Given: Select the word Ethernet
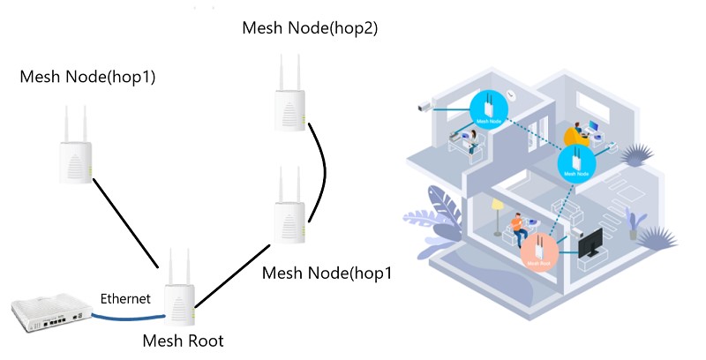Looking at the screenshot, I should tap(125, 298).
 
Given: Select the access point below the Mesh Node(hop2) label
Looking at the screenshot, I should tap(289, 101).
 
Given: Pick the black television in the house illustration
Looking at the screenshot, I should tap(590, 244).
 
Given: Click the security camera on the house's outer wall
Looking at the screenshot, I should tap(424, 107).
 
